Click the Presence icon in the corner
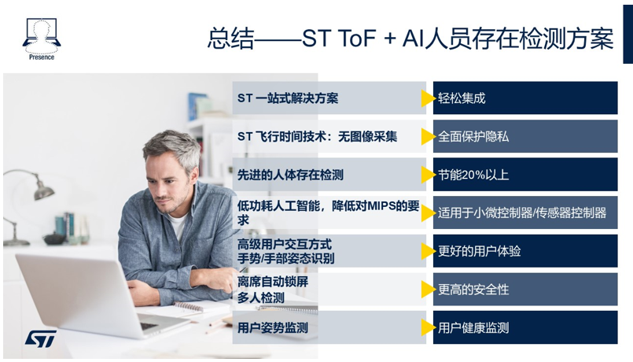pos(42,39)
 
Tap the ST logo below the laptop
pos(40,338)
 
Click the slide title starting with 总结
pos(410,39)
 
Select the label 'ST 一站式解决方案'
pos(288,98)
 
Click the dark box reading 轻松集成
pos(525,98)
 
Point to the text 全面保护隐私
pos(473,137)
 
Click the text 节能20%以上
pos(473,175)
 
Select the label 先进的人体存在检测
pos(290,175)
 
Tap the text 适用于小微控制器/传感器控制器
pos(522,213)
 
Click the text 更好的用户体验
pos(479,251)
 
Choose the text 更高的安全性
pos(473,290)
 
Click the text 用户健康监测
pos(473,327)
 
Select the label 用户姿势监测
pos(273,327)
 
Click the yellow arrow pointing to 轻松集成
pos(428,98)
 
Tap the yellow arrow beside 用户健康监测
pos(428,327)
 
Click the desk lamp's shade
pos(43,190)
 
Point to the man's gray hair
pos(173,146)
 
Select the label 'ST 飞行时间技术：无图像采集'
pos(317,137)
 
